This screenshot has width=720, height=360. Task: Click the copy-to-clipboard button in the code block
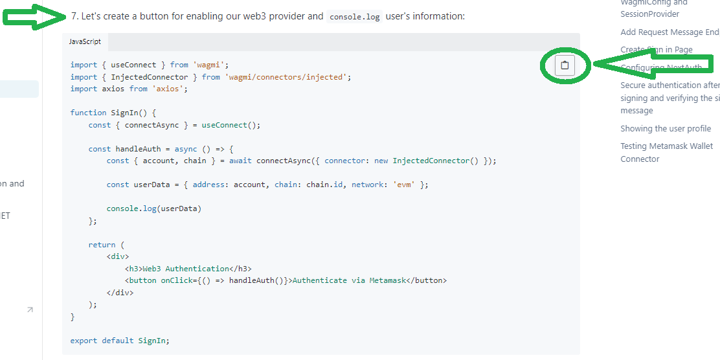(x=565, y=65)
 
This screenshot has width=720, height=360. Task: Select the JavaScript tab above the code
(x=85, y=41)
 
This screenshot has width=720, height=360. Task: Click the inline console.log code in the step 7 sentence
(x=354, y=17)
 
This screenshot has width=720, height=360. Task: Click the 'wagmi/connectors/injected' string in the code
(x=287, y=77)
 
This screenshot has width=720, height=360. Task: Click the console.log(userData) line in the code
(x=154, y=208)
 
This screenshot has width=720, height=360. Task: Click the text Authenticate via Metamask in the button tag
(x=350, y=280)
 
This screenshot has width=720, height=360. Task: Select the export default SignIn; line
(x=120, y=341)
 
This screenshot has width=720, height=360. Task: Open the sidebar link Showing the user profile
(x=666, y=128)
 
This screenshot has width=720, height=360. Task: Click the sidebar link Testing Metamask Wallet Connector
(x=666, y=152)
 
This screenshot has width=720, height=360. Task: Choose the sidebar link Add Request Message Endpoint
(x=669, y=32)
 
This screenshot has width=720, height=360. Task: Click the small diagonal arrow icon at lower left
(x=30, y=310)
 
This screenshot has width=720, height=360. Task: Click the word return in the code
(x=102, y=245)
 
